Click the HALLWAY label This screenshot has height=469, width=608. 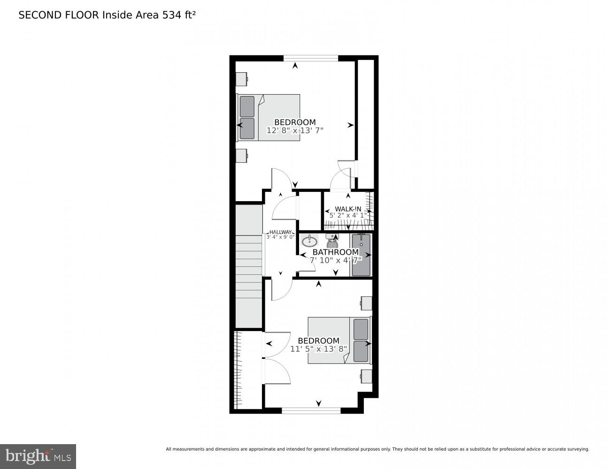pos(280,232)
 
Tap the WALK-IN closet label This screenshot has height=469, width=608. pos(348,209)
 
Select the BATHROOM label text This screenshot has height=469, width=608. pos(335,252)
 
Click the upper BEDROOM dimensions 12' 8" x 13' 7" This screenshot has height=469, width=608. pos(295,131)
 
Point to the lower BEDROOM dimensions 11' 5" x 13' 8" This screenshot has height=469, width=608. pos(318,349)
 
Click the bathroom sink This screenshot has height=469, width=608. pos(309,242)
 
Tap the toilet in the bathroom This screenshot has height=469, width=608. pos(332,242)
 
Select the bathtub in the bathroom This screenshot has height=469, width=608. pos(361,255)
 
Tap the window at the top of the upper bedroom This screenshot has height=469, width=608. pos(310,59)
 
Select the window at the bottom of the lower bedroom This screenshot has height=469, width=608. pos(311,410)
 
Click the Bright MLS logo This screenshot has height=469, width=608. pos(38,456)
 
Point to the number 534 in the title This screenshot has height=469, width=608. pos(172,15)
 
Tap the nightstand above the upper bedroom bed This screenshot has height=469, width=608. pos(242,79)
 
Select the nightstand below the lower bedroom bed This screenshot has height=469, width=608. pos(366,376)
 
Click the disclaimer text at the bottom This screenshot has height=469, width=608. pos(377,449)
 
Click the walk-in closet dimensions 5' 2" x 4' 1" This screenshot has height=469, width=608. pos(348,215)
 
